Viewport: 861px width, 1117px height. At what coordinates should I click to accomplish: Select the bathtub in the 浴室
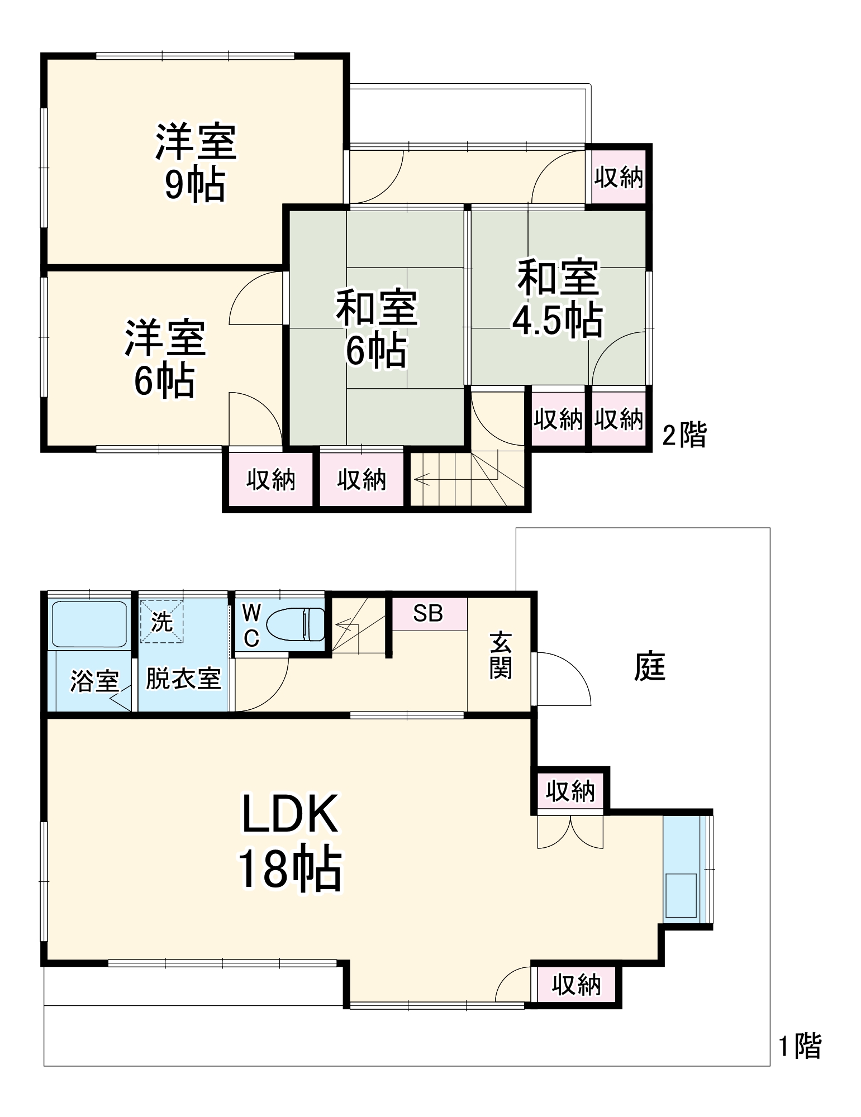pyautogui.click(x=89, y=623)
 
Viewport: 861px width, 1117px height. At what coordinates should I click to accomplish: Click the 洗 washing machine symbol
pyautogui.click(x=161, y=621)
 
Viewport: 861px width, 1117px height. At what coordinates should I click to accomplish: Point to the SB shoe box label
pyautogui.click(x=428, y=613)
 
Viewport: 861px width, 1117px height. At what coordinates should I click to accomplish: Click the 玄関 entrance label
pyautogui.click(x=500, y=656)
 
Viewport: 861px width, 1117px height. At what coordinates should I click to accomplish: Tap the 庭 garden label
pyautogui.click(x=649, y=667)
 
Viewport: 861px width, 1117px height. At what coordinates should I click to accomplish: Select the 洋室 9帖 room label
pyautogui.click(x=196, y=162)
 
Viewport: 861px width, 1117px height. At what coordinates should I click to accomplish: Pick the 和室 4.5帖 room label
pyautogui.click(x=558, y=299)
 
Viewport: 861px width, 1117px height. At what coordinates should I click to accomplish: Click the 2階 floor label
pyautogui.click(x=684, y=435)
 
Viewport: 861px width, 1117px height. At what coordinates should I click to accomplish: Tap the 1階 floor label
pyautogui.click(x=800, y=1046)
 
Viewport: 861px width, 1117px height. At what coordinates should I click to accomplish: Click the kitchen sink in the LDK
pyautogui.click(x=681, y=895)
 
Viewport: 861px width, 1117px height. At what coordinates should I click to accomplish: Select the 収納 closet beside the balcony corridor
pyautogui.click(x=618, y=178)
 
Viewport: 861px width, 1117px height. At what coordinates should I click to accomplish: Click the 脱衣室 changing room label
pyautogui.click(x=183, y=679)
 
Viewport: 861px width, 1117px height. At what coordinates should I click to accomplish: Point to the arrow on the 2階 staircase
pyautogui.click(x=422, y=479)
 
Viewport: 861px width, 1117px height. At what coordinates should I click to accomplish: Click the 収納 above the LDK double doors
pyautogui.click(x=570, y=791)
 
